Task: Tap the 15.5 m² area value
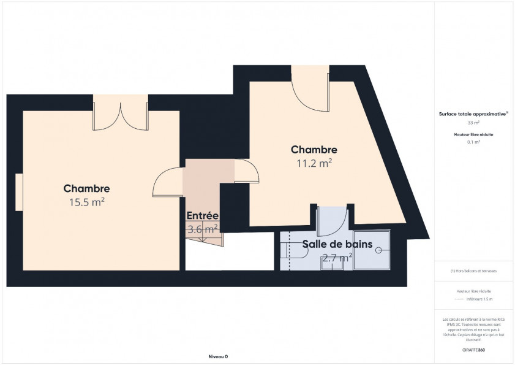(86, 202)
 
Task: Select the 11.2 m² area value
(314, 163)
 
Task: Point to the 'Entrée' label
(203, 215)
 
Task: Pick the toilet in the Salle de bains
(286, 249)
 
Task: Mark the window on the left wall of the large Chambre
(20, 191)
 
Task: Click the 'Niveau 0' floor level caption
(218, 356)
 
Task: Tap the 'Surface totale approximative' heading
(472, 114)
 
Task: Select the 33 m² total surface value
(473, 123)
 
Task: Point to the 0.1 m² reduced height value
(473, 142)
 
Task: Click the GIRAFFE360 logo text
(473, 350)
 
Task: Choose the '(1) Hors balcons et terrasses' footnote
(473, 271)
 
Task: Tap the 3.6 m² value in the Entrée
(203, 229)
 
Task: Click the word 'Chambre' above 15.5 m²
(86, 189)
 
